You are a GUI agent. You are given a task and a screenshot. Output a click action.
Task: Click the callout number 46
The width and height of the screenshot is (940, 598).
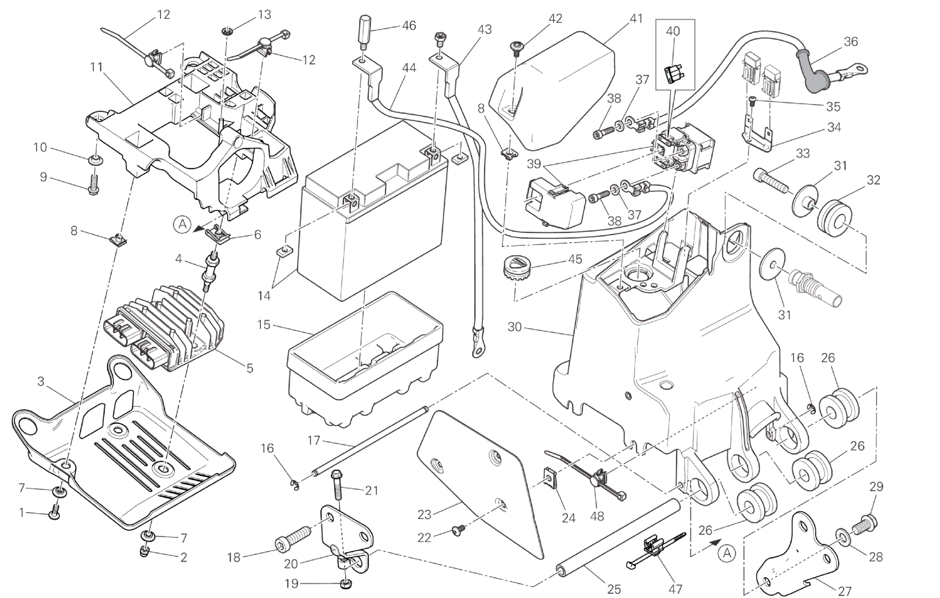click(x=409, y=25)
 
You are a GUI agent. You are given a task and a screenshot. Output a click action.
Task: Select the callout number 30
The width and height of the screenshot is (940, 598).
click(x=514, y=327)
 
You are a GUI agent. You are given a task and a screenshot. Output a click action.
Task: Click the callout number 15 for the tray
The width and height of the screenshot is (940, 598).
click(x=264, y=325)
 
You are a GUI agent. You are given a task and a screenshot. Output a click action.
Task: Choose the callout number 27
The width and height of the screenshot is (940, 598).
click(x=844, y=591)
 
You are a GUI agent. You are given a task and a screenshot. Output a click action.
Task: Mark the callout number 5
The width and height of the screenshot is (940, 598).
click(x=250, y=368)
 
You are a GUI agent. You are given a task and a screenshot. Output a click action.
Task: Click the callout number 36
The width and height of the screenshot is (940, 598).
click(x=850, y=42)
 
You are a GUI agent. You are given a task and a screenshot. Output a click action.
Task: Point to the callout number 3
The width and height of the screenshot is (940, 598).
click(x=41, y=381)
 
